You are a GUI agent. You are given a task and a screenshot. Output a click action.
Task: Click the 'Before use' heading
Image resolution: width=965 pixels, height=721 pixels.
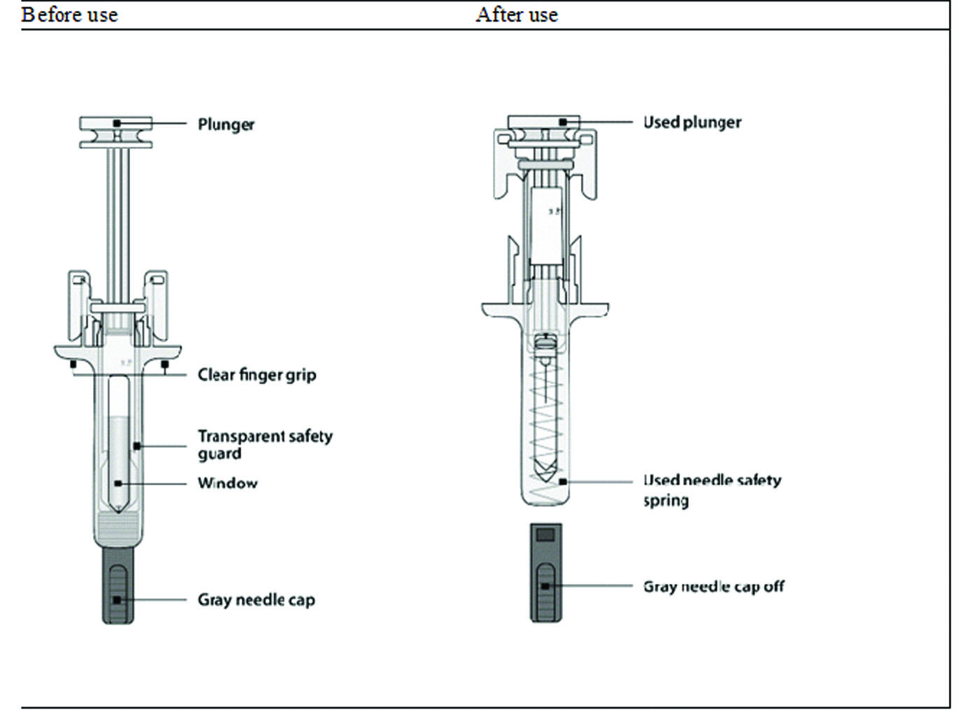[x=69, y=15]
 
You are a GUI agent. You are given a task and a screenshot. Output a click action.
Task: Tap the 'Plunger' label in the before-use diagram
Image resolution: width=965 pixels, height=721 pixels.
[x=226, y=124]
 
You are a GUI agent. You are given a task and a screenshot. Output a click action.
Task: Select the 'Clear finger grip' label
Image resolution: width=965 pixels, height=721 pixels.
[x=257, y=375]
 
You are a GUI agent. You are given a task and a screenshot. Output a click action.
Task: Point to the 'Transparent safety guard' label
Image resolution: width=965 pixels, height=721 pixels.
[x=264, y=445]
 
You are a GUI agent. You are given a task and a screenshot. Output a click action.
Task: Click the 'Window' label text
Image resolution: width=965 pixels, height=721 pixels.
[x=227, y=483]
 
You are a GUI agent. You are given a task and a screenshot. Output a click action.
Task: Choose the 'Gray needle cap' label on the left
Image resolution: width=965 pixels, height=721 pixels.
[x=256, y=600]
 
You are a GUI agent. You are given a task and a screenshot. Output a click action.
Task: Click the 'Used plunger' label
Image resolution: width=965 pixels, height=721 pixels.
[x=692, y=122]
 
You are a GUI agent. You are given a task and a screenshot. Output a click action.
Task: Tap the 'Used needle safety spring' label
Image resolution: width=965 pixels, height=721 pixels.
[x=711, y=490]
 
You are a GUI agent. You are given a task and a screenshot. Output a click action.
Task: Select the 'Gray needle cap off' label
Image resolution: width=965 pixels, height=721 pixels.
[x=713, y=587]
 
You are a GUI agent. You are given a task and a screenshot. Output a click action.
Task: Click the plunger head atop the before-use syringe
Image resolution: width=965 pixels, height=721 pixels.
[x=116, y=132]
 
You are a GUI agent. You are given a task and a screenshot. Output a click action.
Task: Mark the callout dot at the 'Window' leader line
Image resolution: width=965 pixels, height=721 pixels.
[x=118, y=483]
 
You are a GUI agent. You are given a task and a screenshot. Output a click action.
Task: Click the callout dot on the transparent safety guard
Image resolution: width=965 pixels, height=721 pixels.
[x=137, y=445]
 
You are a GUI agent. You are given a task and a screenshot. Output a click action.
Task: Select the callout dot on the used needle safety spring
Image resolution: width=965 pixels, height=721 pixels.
[x=563, y=482]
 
